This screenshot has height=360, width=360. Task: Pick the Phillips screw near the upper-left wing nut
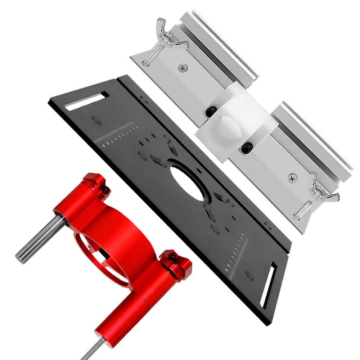pos(183,67)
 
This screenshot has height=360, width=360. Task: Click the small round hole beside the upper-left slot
pos(96,121)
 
